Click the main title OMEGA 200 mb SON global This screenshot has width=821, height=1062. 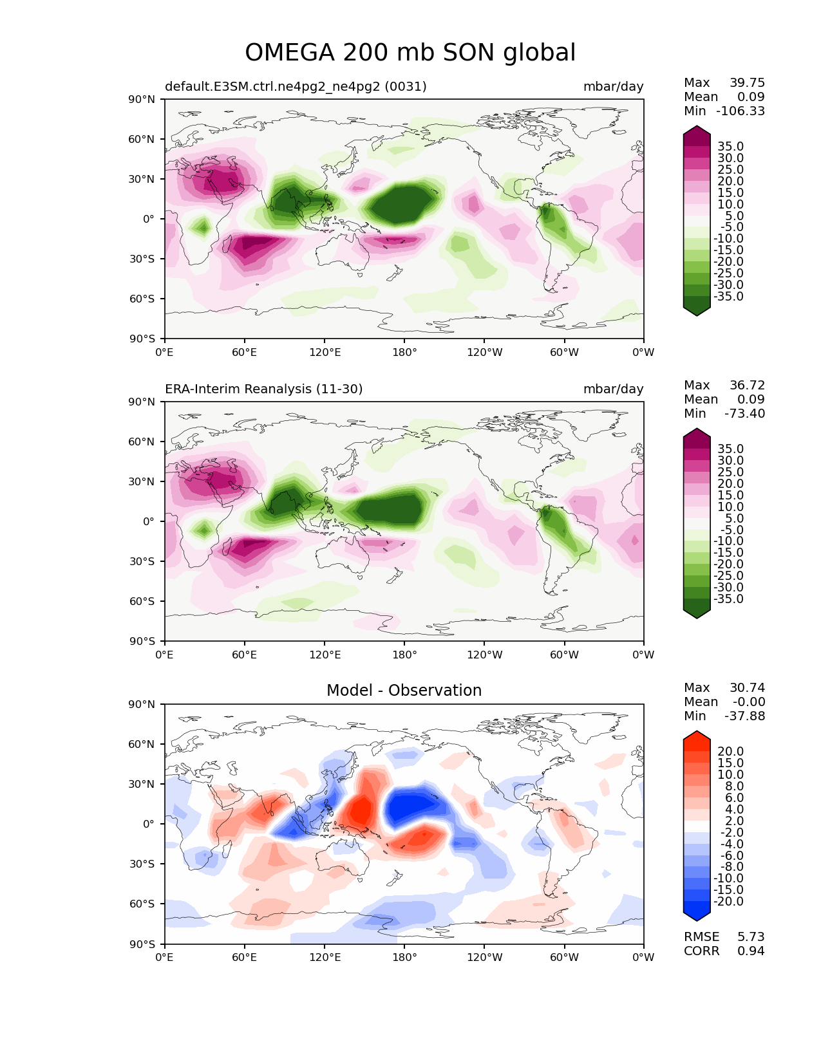click(410, 53)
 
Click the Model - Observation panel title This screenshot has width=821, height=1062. click(404, 691)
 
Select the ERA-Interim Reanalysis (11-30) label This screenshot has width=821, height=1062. click(264, 389)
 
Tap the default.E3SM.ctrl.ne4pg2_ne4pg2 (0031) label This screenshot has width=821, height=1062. click(296, 87)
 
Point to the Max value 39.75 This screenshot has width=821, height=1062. click(747, 83)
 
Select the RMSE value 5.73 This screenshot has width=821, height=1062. click(751, 937)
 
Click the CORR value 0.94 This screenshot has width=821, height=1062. click(751, 951)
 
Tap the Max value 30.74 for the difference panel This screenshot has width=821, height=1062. click(747, 688)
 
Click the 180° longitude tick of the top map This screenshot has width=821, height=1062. click(404, 353)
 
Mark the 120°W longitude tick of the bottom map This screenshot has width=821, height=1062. click(484, 958)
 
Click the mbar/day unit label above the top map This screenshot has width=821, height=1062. click(613, 87)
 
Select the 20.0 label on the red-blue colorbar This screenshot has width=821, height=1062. click(730, 752)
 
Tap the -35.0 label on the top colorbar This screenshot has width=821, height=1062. click(728, 297)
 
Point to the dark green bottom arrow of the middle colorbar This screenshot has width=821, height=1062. click(697, 613)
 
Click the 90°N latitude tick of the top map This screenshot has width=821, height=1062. click(142, 100)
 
